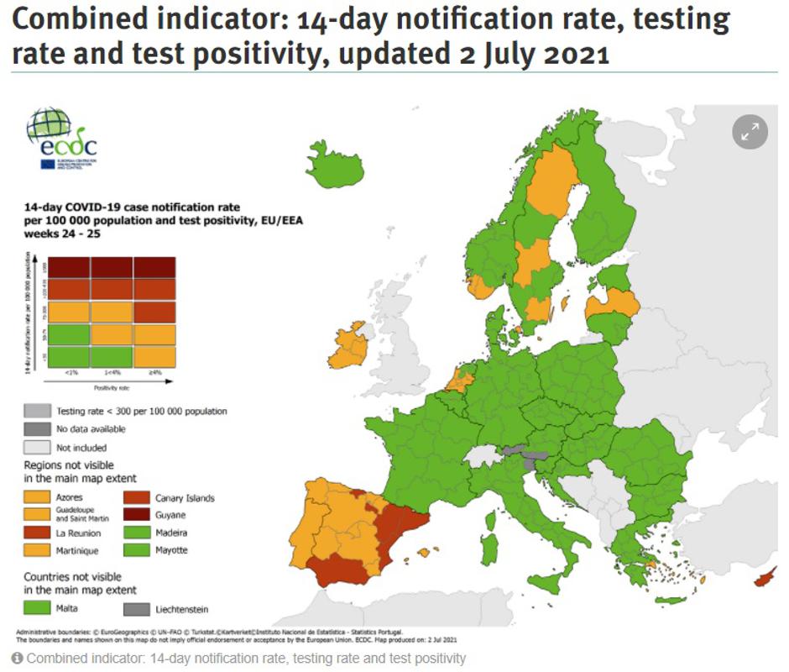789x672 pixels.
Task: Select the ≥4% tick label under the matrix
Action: tap(154, 372)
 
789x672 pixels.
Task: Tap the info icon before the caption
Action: tap(18, 659)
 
